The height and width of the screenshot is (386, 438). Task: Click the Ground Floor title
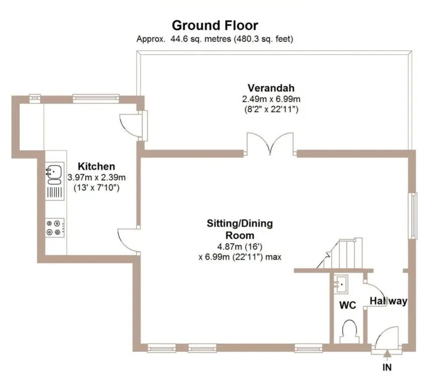tap(215, 26)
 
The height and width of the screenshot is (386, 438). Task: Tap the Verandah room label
tap(271, 88)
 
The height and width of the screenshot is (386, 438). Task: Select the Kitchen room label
tap(97, 166)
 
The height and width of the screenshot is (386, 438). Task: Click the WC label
tap(347, 306)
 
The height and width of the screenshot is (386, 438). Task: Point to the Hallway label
tap(388, 301)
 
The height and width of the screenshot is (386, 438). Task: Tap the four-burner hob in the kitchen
tap(55, 228)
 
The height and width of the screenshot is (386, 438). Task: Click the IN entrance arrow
tap(387, 354)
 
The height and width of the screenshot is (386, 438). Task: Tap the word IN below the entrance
tap(387, 367)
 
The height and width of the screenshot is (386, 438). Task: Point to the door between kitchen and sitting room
tap(129, 241)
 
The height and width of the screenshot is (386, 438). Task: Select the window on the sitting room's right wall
tap(412, 216)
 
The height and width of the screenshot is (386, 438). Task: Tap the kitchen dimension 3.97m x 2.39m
tap(97, 177)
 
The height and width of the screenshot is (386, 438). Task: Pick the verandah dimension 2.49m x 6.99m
tap(271, 99)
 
